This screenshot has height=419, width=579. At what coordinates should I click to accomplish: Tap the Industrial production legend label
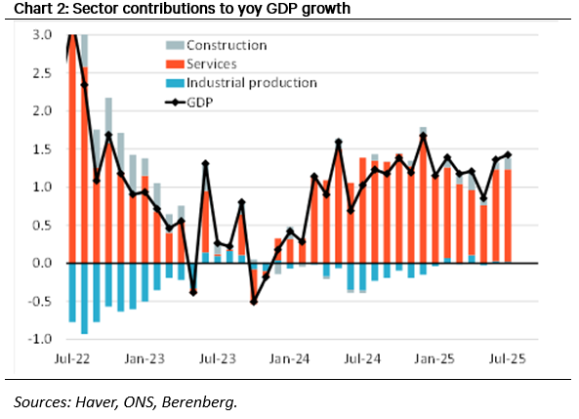[x=252, y=83]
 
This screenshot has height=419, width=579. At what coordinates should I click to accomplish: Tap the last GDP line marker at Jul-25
[x=507, y=154]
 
